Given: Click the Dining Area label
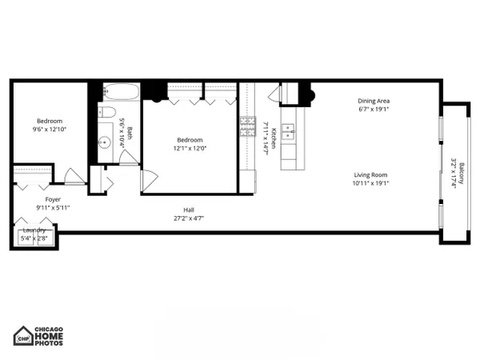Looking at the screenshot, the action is (x=374, y=101).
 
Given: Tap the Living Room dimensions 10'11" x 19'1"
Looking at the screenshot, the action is (x=370, y=183).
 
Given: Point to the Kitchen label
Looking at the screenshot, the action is (x=274, y=138).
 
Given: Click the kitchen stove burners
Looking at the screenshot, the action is (x=248, y=126).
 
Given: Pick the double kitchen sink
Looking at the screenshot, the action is (x=288, y=131).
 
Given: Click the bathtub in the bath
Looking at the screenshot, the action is (x=122, y=91).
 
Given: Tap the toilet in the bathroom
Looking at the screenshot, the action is (x=106, y=112).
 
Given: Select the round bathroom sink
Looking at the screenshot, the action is (x=105, y=142).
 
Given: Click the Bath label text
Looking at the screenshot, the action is (x=130, y=134).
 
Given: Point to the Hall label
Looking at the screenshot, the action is (x=189, y=210).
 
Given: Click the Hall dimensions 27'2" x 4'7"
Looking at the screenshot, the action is (x=189, y=218).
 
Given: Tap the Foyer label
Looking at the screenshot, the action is (x=53, y=199).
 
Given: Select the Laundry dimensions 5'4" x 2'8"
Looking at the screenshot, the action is (x=34, y=238).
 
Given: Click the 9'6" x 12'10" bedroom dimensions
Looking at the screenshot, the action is (x=50, y=129).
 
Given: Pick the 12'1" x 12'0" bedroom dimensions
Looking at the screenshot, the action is (x=190, y=149).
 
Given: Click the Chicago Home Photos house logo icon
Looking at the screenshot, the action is (x=23, y=336).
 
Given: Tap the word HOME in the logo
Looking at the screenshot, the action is (x=49, y=336).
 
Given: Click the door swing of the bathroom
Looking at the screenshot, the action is (x=129, y=158).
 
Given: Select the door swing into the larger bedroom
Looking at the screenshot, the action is (x=150, y=181).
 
